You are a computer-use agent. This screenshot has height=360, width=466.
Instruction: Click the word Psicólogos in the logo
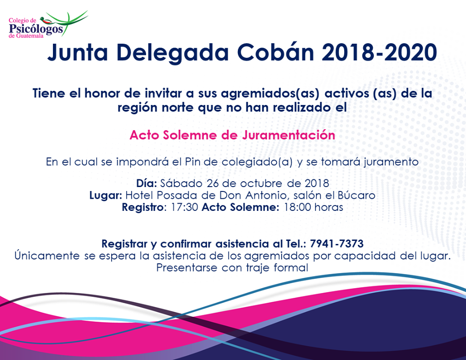coord(36,29)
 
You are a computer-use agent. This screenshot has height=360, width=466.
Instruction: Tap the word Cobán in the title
coord(276,52)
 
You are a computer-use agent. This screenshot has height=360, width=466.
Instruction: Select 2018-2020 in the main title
coord(379,52)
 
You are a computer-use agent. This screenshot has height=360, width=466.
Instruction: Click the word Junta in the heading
coord(78,53)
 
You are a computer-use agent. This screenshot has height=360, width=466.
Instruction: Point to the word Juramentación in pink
coord(288,135)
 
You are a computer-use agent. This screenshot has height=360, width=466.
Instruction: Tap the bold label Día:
coord(147,183)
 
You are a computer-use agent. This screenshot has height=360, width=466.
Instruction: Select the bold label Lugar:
coord(106,196)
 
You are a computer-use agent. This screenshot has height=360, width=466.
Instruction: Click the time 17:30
coord(184,207)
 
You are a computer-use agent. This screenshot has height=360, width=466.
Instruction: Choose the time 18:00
coord(298,207)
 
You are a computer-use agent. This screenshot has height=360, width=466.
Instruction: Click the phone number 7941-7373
coord(336,244)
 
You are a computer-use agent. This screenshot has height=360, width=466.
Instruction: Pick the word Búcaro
coord(356,195)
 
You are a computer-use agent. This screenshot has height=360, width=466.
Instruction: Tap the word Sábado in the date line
coord(181,183)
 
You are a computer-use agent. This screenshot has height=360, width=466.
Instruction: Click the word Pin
coord(192,162)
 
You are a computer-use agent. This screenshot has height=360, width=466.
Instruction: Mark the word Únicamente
coord(47,256)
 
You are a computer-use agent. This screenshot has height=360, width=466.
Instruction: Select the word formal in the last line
coord(291,268)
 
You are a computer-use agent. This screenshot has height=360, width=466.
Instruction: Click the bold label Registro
coord(143,207)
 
